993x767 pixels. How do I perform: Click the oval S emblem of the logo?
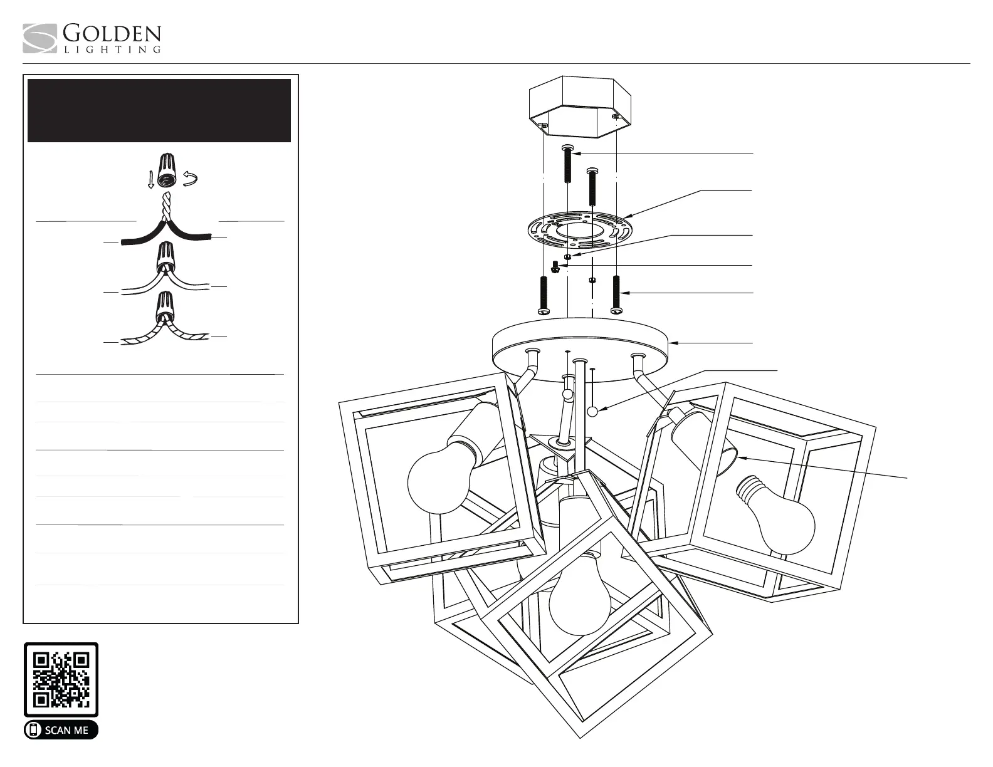click(x=40, y=39)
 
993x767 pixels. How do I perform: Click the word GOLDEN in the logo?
click(x=112, y=34)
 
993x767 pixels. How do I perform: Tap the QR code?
click(x=61, y=679)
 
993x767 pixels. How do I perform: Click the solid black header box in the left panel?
click(x=159, y=110)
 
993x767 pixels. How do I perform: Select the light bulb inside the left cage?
click(x=439, y=480)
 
